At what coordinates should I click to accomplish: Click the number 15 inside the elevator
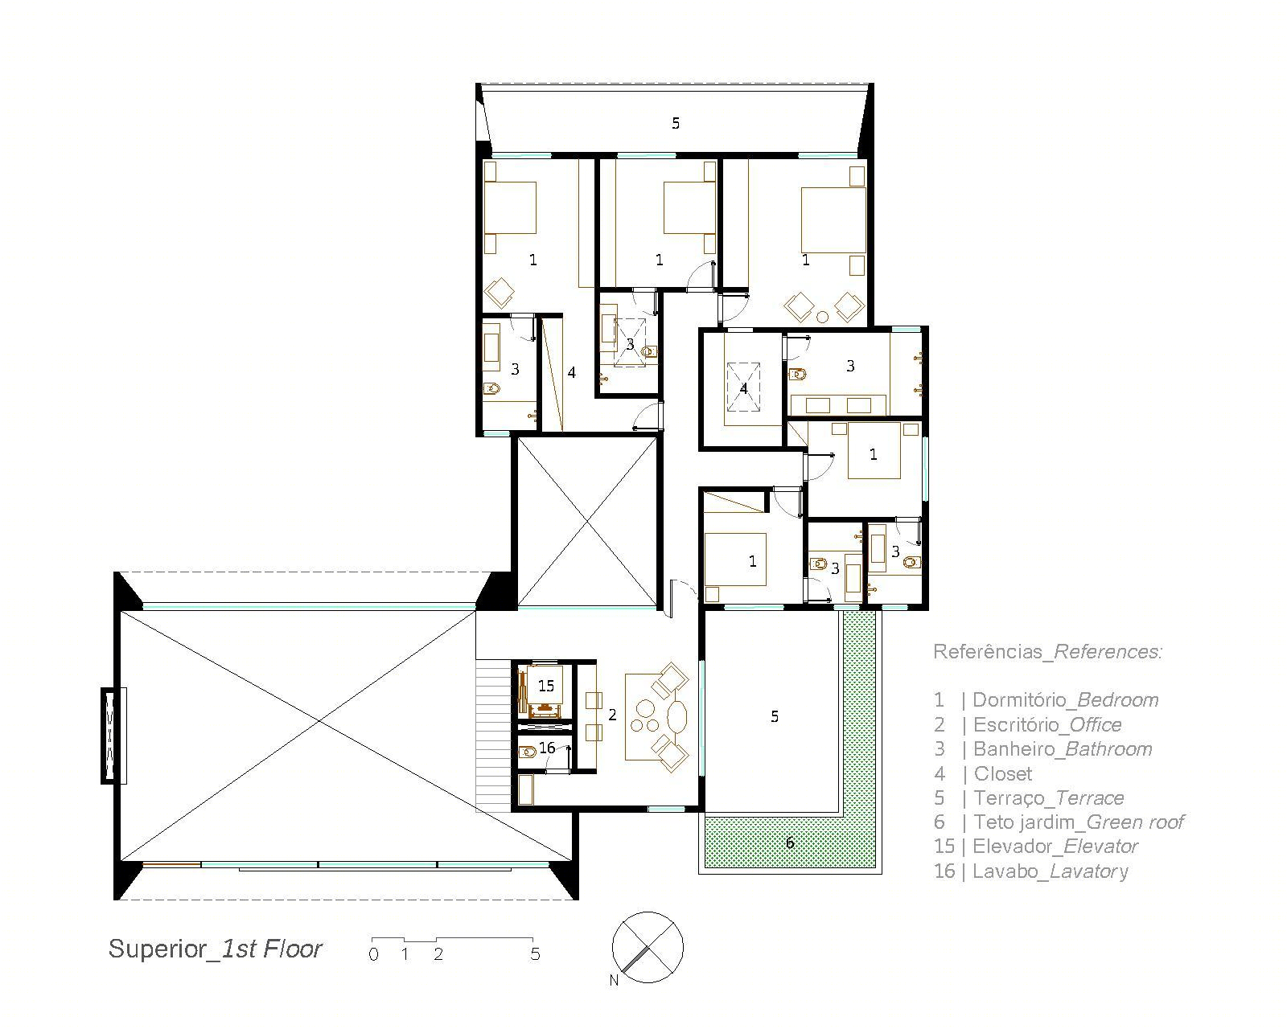pos(546,686)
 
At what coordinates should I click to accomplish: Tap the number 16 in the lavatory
pos(547,748)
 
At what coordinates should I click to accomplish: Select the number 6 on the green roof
pos(790,842)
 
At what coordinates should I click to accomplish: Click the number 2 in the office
pos(612,715)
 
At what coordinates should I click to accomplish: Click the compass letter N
pos(614,980)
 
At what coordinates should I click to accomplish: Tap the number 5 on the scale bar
pos(535,953)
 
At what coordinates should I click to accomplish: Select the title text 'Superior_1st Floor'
pos(216,949)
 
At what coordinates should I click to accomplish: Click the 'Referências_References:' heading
pos(1048,651)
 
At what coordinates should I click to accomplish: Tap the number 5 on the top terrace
pos(676,123)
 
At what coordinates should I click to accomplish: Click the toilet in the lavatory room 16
pos(527,752)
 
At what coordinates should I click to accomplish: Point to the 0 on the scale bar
pos(374,954)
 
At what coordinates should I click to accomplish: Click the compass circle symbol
pos(648,947)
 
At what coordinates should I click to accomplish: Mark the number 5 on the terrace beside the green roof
pos(775,716)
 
